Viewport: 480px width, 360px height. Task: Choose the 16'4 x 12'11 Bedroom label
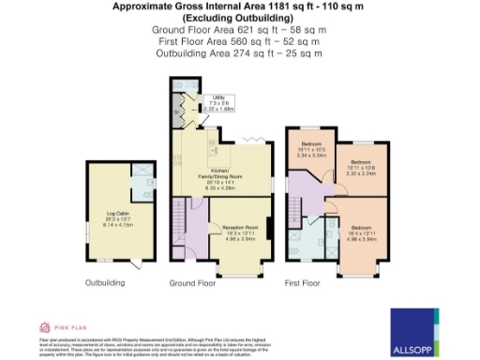pos(359,232)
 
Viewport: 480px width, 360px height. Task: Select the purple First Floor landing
pos(306,198)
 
